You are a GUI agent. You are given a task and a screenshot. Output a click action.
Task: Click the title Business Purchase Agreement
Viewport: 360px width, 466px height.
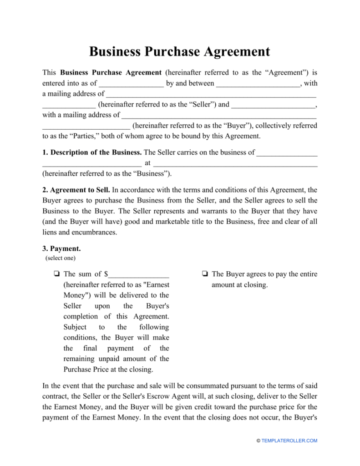coord(179,51)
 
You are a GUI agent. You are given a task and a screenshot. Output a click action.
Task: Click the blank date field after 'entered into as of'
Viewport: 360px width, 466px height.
coord(131,83)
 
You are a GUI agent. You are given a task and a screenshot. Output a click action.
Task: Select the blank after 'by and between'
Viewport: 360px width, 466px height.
coord(258,83)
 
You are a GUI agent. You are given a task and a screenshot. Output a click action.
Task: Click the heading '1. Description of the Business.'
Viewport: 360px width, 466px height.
coord(92,152)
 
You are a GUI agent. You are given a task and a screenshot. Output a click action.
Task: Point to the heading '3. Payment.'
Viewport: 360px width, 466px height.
coord(61,248)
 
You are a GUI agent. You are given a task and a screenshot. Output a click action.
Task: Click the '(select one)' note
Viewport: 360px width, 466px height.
coord(61,258)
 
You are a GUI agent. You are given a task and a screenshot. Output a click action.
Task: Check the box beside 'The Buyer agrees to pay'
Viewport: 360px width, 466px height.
coord(204,274)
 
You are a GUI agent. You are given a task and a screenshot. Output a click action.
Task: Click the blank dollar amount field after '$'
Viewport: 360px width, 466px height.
coord(139,274)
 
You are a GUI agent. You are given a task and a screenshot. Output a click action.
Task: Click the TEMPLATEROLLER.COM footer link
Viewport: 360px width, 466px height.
coord(289,441)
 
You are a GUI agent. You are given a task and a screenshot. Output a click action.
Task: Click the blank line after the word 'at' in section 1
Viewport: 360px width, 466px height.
coord(235,163)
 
